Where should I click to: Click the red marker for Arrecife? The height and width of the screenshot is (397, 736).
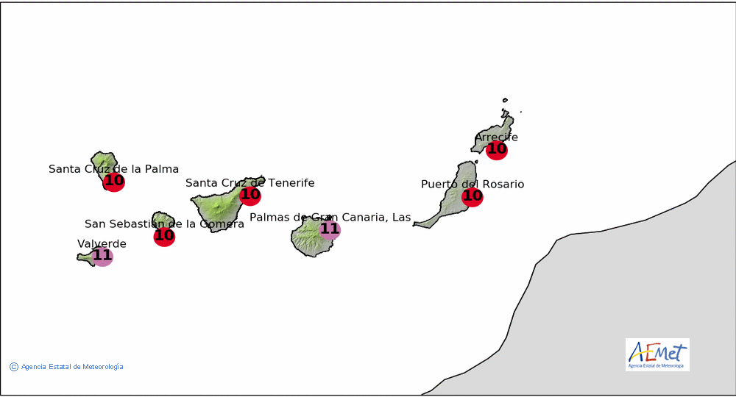click(x=497, y=149)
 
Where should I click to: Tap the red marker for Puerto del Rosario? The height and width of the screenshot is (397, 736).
click(x=473, y=196)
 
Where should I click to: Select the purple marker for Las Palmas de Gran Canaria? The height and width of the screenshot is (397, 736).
click(x=330, y=229)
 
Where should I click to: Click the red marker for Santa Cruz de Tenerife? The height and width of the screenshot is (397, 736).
click(x=250, y=195)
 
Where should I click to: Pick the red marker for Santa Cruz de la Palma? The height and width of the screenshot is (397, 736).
click(x=114, y=181)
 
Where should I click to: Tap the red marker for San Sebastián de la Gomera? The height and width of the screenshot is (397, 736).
click(x=164, y=236)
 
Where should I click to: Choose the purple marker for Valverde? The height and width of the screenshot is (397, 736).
click(x=102, y=256)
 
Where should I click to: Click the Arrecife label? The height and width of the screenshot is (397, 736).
click(x=497, y=137)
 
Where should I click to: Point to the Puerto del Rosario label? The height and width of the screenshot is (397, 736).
click(x=473, y=185)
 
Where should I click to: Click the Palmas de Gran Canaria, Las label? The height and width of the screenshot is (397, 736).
click(x=330, y=217)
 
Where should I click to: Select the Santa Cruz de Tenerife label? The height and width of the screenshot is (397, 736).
click(x=250, y=183)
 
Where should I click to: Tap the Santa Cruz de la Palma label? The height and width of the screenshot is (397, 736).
click(x=113, y=169)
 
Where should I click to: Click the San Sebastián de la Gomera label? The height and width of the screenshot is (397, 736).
click(x=164, y=223)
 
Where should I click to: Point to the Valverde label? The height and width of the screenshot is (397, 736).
click(x=102, y=244)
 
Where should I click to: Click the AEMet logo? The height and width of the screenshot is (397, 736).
click(x=657, y=355)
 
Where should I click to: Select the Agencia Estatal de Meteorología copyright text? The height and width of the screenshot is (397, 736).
click(x=72, y=367)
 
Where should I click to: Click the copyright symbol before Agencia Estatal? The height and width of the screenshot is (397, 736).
click(x=14, y=367)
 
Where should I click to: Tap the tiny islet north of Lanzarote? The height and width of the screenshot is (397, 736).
click(x=505, y=100)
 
